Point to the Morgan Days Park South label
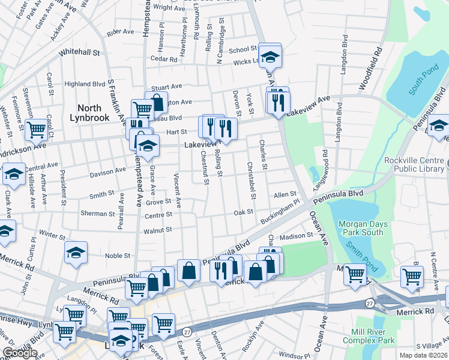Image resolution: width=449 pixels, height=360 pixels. [361, 228]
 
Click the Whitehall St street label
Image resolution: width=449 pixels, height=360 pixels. [79, 53]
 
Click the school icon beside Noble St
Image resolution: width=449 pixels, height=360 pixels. [76, 252]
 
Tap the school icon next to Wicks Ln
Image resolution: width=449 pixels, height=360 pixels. [271, 56]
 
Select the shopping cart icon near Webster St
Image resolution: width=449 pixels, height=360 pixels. [37, 128]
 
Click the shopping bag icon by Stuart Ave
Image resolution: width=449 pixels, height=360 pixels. [156, 103]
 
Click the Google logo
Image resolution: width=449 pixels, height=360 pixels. [20, 353]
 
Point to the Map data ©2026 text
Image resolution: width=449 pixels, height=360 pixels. [423, 355]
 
